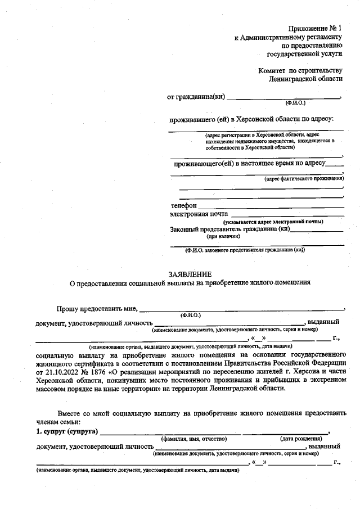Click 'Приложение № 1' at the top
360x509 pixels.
[x=315, y=28]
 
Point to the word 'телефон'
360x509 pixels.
[x=183, y=206]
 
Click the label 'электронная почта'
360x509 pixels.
[x=199, y=214]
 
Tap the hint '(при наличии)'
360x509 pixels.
[x=224, y=237]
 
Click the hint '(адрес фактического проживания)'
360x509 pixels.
[x=304, y=178]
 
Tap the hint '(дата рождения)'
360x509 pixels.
[x=301, y=439]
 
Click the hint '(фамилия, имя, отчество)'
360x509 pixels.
[x=193, y=439]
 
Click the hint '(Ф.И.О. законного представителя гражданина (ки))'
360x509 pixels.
[x=245, y=250]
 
